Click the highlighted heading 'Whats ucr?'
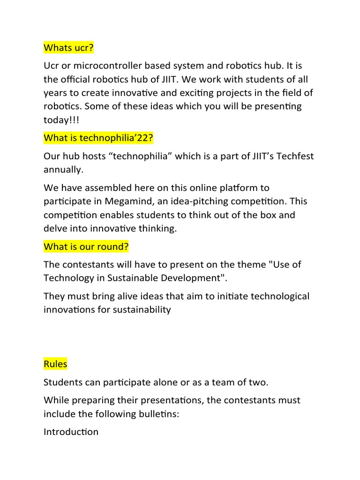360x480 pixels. [67, 47]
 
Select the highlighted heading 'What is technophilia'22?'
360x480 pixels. [98, 138]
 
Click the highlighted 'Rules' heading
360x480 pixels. [55, 364]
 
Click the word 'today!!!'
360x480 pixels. [61, 120]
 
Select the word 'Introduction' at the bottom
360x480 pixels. [71, 432]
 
